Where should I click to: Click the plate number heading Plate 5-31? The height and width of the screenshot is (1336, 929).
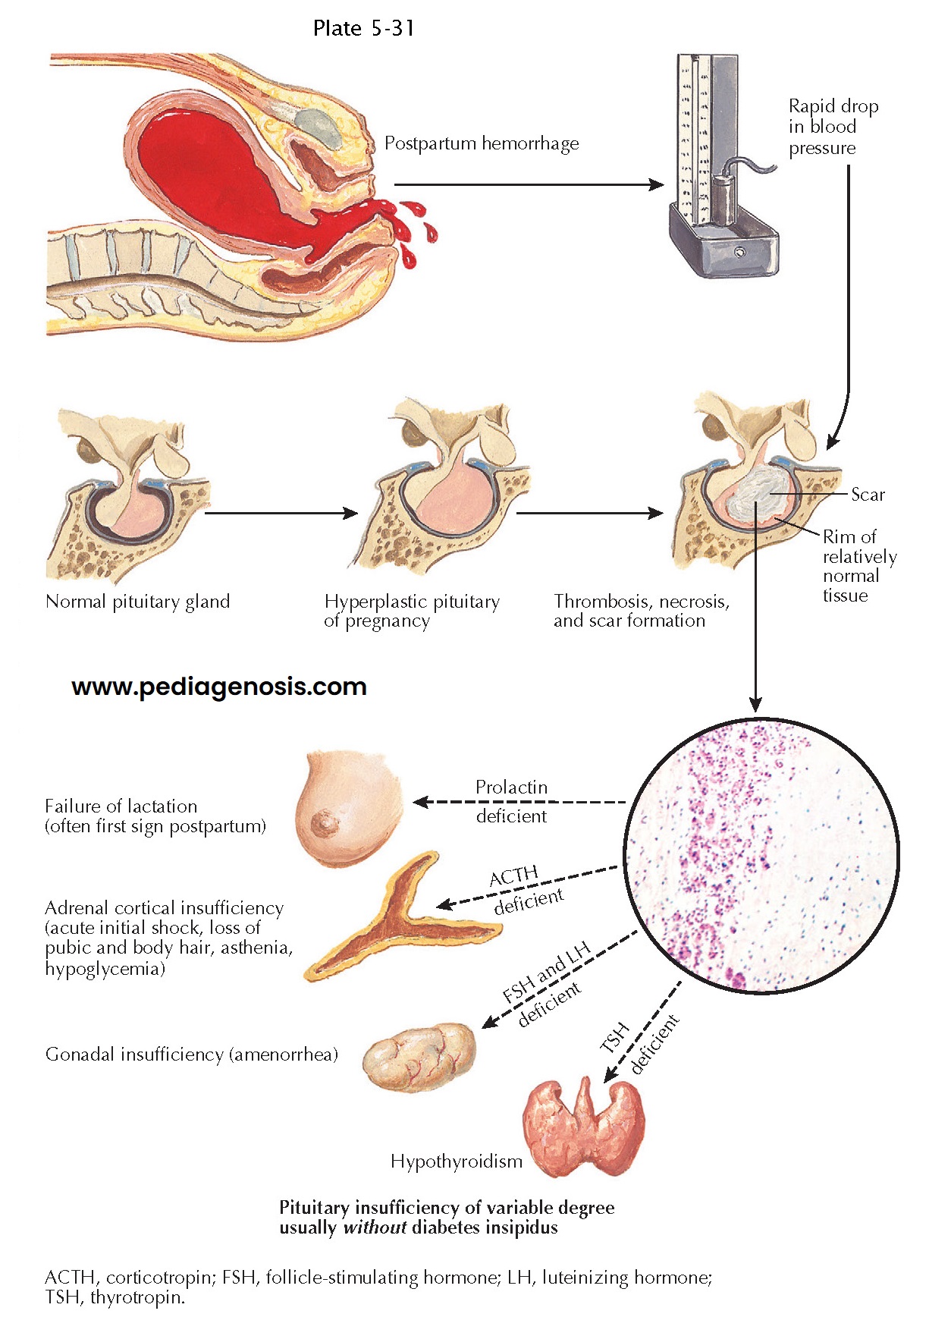[x=363, y=29]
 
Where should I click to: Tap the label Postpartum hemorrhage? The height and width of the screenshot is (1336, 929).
[x=482, y=143]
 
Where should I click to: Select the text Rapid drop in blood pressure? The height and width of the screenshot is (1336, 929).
[x=833, y=127]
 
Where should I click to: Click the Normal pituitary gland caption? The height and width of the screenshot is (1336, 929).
[x=137, y=602]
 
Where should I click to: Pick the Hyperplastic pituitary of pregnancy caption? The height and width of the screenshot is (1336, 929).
[x=412, y=611]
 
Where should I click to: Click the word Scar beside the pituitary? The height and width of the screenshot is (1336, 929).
[x=868, y=495]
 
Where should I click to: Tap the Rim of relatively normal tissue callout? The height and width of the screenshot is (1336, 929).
[x=859, y=566]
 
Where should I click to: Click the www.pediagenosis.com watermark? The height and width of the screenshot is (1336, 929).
[x=219, y=687]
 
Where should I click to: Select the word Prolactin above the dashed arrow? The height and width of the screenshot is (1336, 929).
[x=511, y=787]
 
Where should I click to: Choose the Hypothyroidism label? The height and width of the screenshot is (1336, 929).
[x=457, y=1162]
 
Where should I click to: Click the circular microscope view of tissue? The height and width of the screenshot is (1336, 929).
[x=761, y=856]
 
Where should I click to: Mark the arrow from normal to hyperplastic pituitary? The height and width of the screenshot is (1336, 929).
[x=281, y=514]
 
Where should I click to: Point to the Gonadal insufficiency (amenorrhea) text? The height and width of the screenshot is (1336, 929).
[x=192, y=1055]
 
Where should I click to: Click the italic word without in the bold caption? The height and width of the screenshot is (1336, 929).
[x=375, y=1228]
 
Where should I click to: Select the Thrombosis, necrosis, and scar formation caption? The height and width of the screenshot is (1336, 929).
[x=641, y=611]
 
